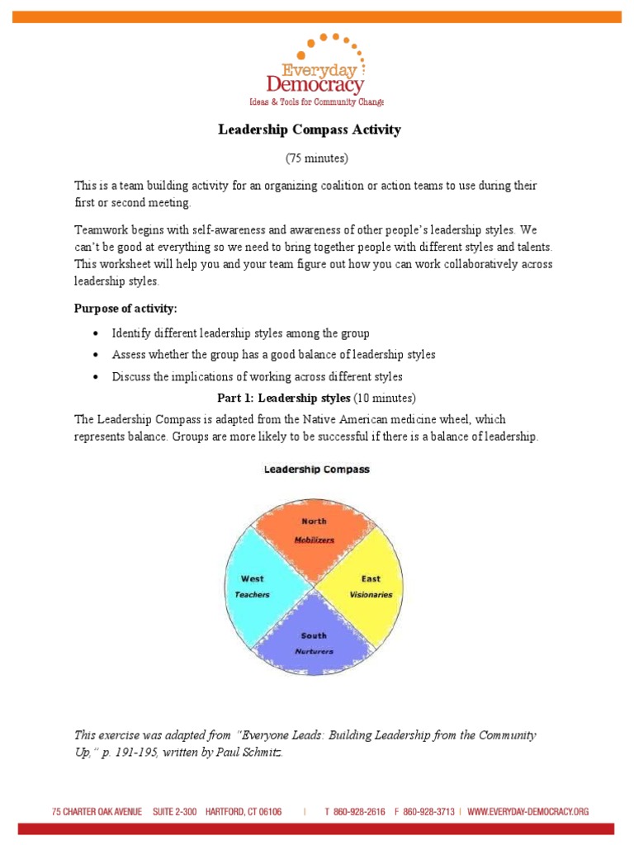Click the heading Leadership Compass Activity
coord(309,130)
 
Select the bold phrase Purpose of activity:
coord(125,309)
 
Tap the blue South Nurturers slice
coord(314,640)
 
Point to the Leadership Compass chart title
coord(317,470)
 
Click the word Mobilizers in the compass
coord(314,540)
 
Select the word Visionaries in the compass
coord(371,594)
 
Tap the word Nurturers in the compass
coord(314,651)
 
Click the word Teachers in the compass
coord(252,594)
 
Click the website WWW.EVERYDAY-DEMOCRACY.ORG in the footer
coord(528,812)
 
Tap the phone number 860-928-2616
coord(358,812)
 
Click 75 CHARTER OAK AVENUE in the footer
coord(98,812)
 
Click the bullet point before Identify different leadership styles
coord(96,333)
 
